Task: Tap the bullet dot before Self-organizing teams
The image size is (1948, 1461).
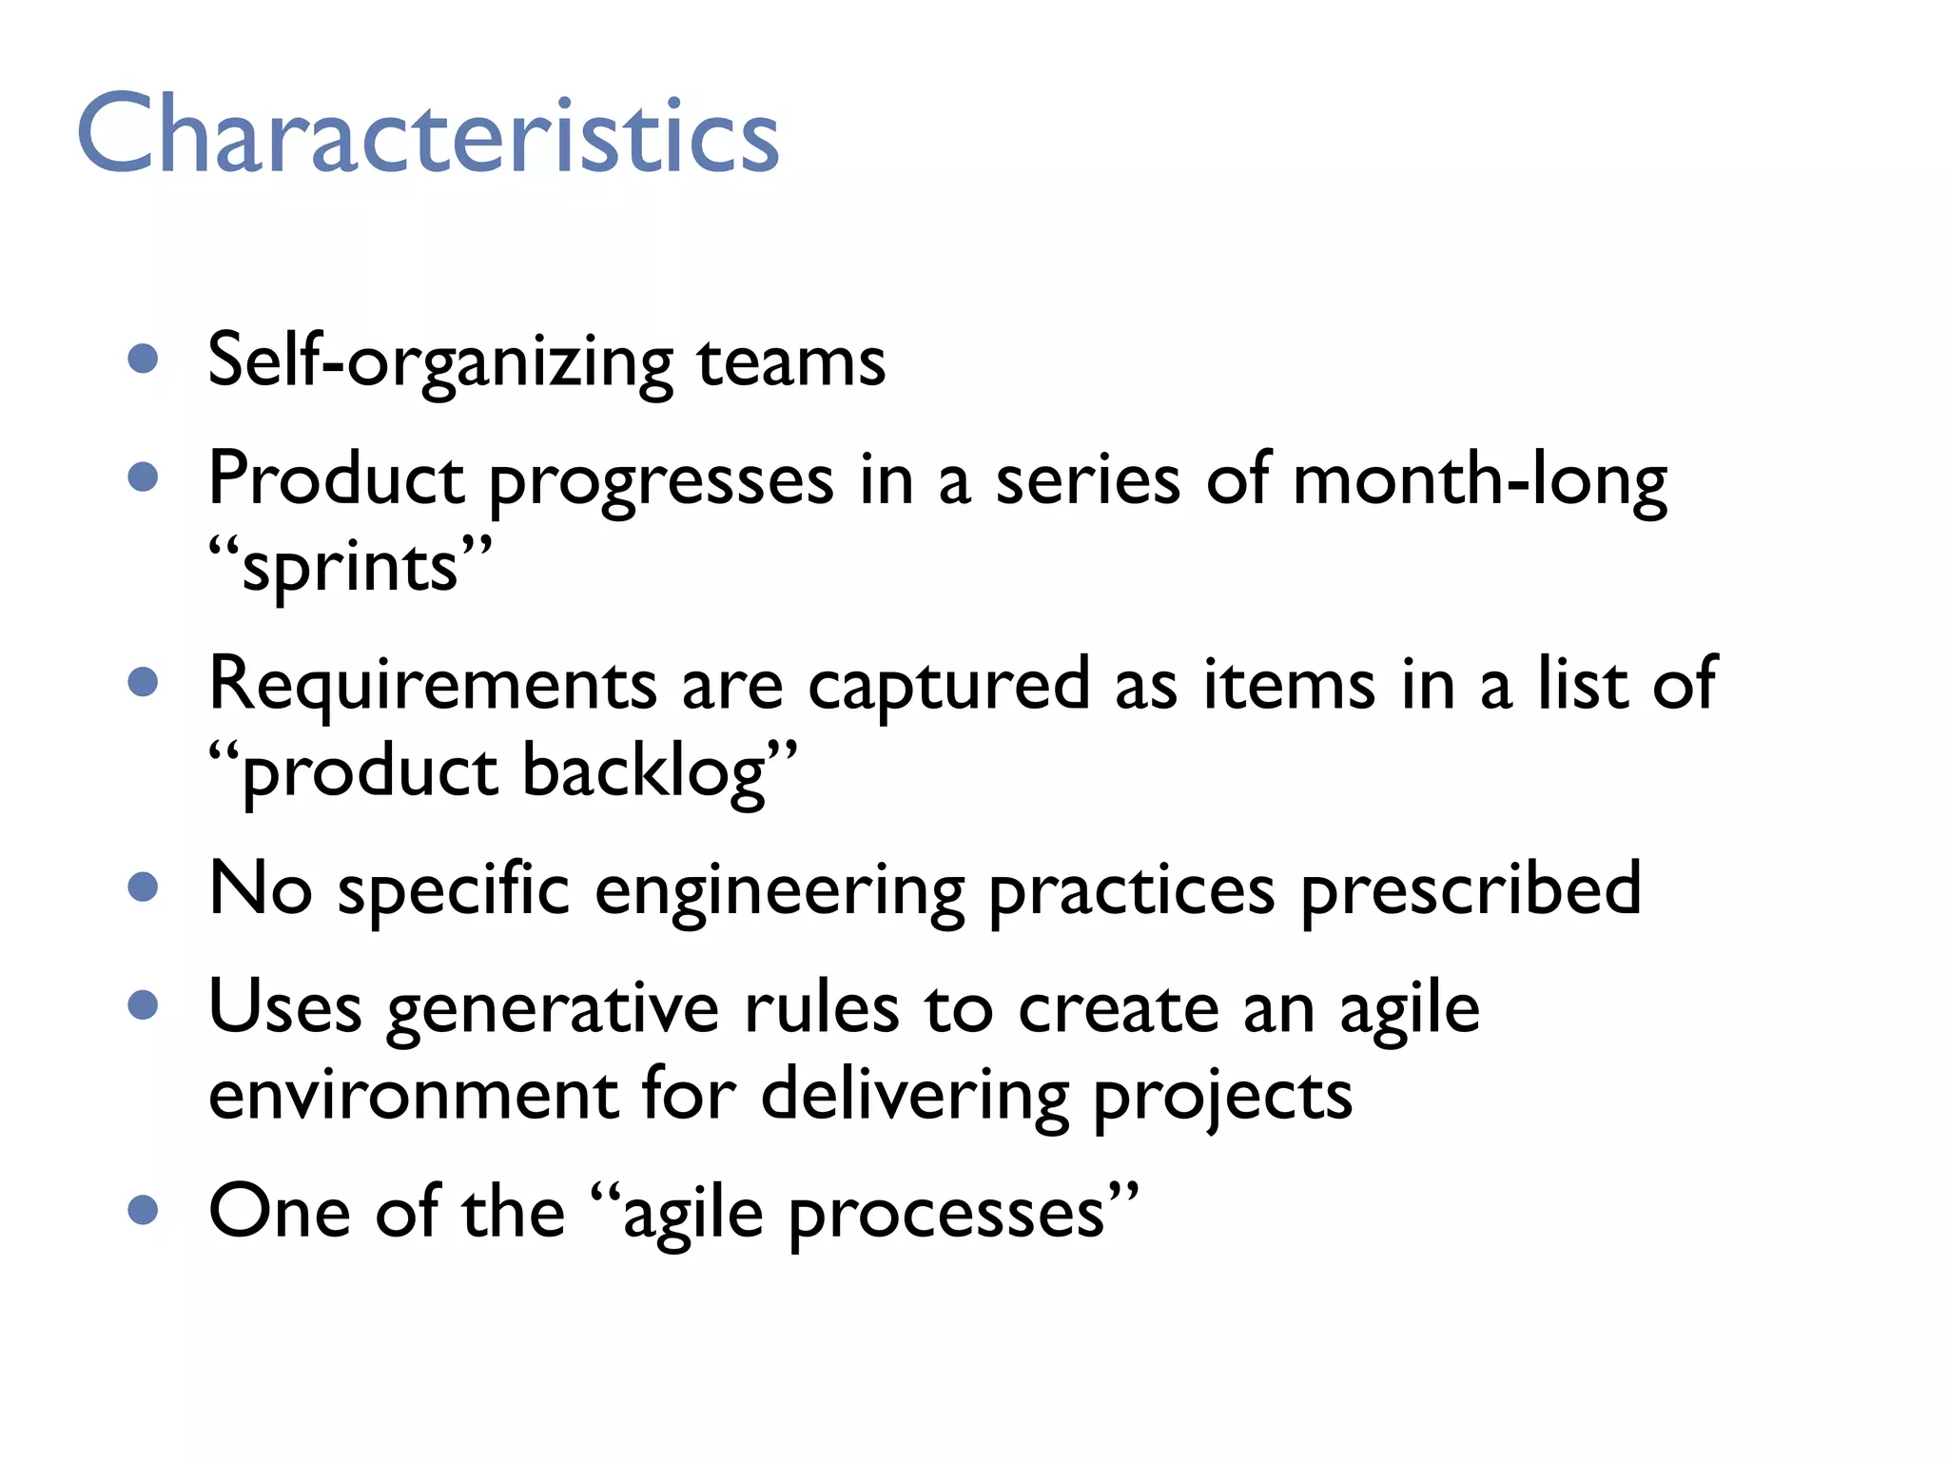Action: [143, 359]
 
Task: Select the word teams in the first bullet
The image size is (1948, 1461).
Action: [790, 362]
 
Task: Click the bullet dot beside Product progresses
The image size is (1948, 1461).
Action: [143, 477]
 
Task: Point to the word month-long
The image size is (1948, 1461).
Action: [1479, 480]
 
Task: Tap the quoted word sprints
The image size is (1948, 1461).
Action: [350, 568]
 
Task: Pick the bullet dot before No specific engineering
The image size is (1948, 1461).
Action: [143, 886]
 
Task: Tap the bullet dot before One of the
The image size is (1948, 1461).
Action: [143, 1210]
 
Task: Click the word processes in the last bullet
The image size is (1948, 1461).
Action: [947, 1216]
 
